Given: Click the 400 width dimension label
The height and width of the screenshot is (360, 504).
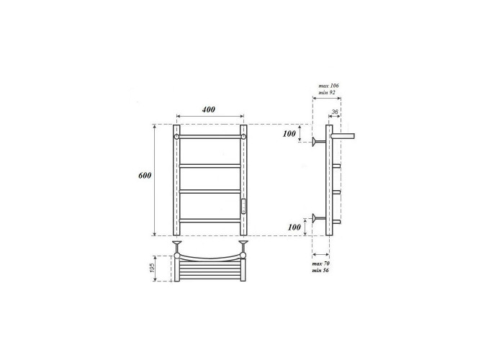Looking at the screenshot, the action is coord(208,109).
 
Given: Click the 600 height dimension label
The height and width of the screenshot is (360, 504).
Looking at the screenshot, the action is coord(145,176).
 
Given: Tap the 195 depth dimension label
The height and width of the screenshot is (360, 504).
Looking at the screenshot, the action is coord(153,268).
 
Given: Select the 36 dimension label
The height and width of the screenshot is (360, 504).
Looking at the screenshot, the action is coord(335,112).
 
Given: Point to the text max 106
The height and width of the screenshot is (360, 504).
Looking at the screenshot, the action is coord(328,86).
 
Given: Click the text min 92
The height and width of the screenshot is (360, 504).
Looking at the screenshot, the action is coord(327,93).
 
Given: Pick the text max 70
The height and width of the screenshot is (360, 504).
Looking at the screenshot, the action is coord(321,264).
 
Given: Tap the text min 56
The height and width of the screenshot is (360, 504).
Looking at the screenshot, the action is coord(320,270).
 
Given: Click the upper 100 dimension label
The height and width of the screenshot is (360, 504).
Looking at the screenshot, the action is coord(289,133).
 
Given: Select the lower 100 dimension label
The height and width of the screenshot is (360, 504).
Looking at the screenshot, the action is coord(294,228).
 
